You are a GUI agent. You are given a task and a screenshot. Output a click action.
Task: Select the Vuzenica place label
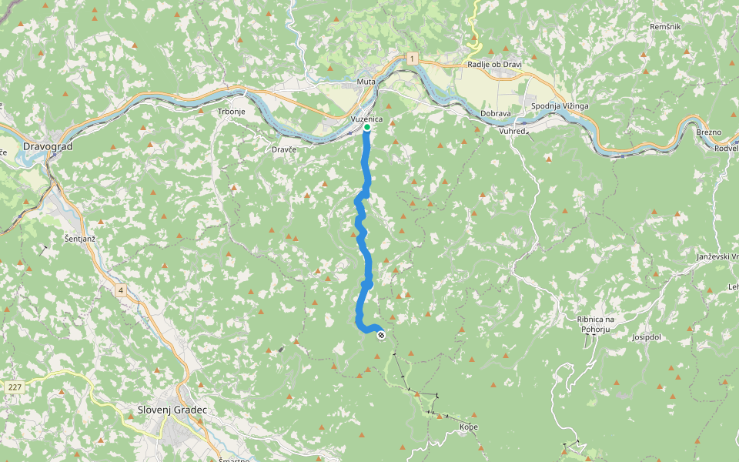pos(366,119)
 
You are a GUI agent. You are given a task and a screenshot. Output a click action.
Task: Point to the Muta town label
pos(365,81)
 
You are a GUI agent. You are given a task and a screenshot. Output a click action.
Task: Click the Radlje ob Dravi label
pos(494,65)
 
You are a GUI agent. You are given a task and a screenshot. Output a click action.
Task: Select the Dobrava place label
pos(496,113)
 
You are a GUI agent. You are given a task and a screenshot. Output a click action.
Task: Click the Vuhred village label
pos(512,132)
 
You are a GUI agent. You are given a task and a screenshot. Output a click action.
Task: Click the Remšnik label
pos(664,26)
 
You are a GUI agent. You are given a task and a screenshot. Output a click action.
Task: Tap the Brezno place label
pos(708,132)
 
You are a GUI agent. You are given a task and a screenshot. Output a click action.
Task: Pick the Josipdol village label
pos(647,337)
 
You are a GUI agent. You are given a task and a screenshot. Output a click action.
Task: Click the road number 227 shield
pos(13,387)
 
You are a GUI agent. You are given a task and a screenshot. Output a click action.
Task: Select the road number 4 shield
pos(121,290)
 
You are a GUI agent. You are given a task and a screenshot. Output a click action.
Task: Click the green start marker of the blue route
pos(366,128)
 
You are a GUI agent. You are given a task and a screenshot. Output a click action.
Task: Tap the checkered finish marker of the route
pos(381,334)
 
